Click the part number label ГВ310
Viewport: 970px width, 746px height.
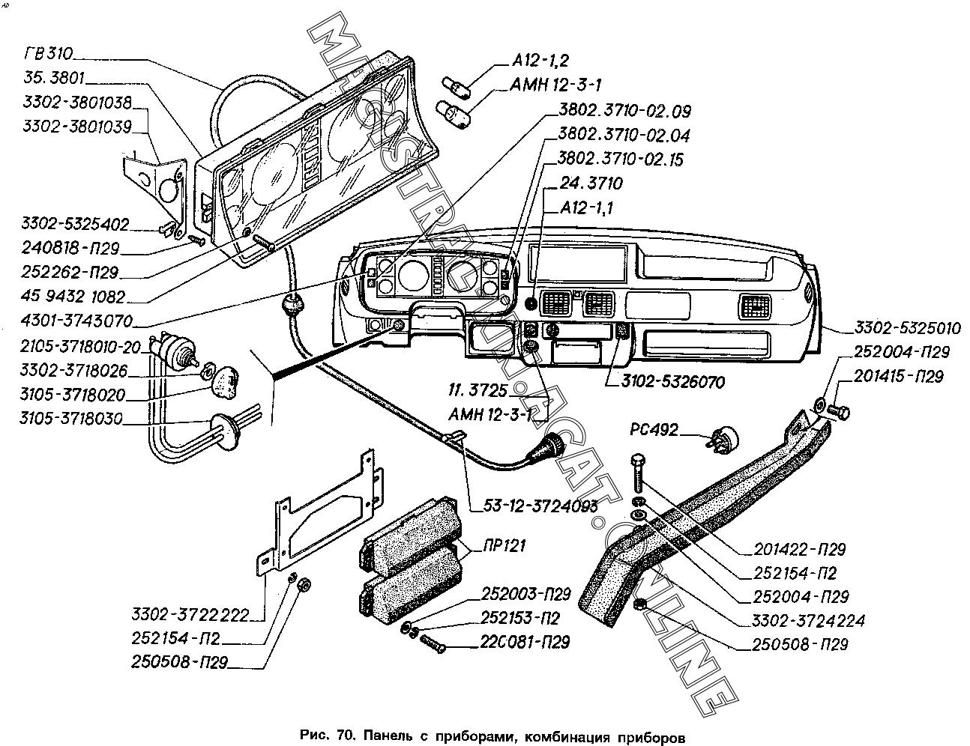(x=49, y=53)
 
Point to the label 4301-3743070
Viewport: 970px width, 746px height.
(x=76, y=322)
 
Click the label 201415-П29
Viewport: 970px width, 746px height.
(x=897, y=376)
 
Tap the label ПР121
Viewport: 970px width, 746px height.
(x=498, y=545)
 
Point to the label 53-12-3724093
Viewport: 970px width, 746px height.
(x=534, y=506)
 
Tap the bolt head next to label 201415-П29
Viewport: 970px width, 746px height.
(x=843, y=411)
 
